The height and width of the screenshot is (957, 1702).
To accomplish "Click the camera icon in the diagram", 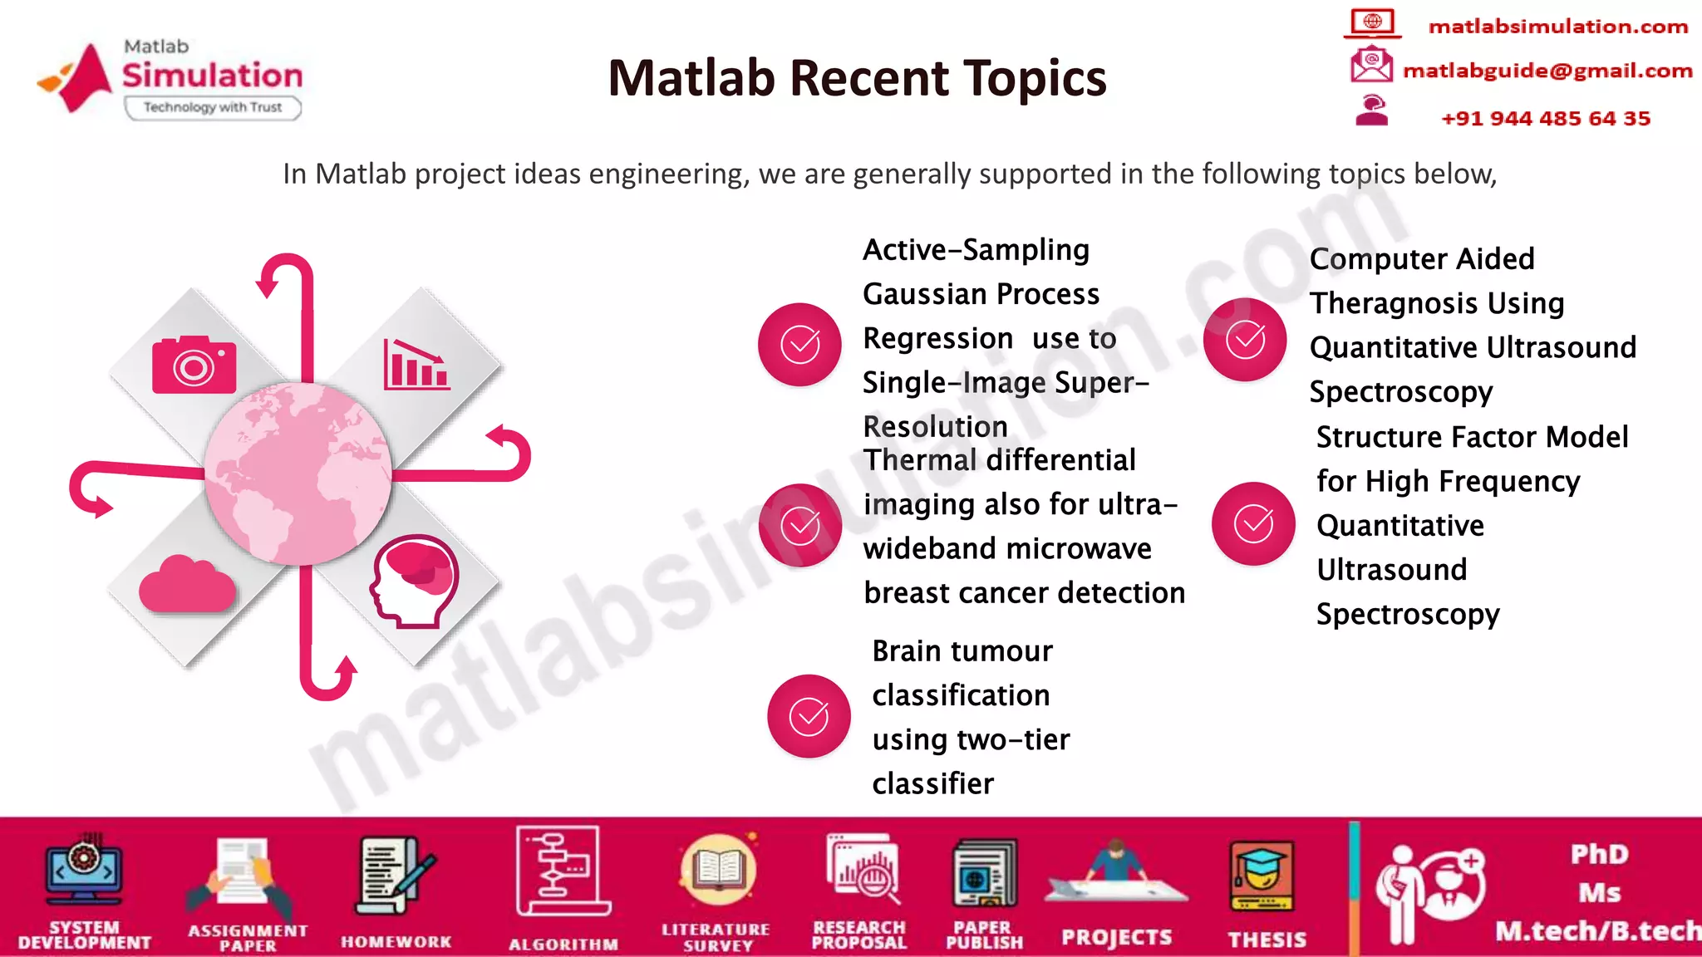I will (x=194, y=366).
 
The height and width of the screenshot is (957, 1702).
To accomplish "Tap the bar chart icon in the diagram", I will (x=416, y=365).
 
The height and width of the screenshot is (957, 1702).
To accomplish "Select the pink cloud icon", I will (x=187, y=585).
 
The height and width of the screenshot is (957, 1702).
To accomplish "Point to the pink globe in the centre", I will (x=298, y=474).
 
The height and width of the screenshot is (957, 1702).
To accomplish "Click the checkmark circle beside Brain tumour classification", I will (x=808, y=716).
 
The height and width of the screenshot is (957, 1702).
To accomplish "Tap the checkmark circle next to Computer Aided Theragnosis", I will (x=1245, y=340).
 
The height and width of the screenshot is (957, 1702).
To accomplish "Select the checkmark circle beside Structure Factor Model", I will (x=1252, y=523).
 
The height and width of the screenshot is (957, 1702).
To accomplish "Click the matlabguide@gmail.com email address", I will (x=1547, y=71).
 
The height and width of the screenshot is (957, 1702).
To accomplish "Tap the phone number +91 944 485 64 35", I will (x=1545, y=118).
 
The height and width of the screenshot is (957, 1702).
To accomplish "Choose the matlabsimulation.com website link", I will (x=1557, y=27).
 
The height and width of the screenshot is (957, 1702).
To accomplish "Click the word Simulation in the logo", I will (x=213, y=76).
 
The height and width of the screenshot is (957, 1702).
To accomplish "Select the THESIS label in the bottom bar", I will (x=1267, y=939).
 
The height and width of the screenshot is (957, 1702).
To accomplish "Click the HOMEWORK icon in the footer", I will (x=393, y=876).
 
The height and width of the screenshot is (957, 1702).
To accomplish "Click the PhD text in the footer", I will (x=1599, y=854).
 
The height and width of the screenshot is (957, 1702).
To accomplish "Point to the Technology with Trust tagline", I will (x=213, y=107).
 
